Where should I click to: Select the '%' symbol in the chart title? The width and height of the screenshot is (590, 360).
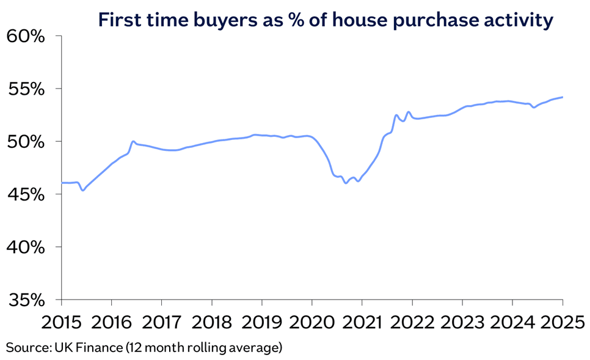(x=297, y=21)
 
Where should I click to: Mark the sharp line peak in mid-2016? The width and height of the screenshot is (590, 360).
(x=133, y=141)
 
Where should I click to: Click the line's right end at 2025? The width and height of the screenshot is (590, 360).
(x=562, y=97)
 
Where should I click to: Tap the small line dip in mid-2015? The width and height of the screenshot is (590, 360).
(x=82, y=190)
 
